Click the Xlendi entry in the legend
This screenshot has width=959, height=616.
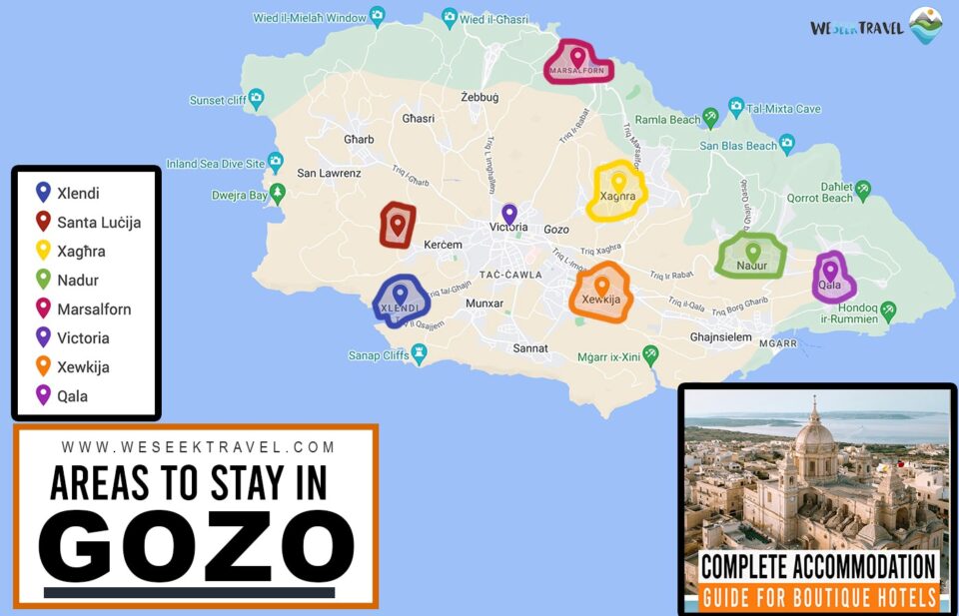[x=78, y=194]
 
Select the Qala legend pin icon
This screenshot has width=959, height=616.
[x=43, y=395]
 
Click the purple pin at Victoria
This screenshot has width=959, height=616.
[x=509, y=214]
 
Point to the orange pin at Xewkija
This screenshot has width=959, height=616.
[x=601, y=286]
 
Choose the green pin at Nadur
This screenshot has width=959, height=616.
[x=753, y=252]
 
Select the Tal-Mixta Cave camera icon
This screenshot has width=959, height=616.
[x=736, y=106]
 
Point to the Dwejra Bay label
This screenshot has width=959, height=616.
[x=240, y=196]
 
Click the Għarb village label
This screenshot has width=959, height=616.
[x=358, y=139]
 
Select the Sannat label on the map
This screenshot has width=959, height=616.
[x=530, y=348]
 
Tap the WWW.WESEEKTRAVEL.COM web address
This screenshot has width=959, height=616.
[x=198, y=447]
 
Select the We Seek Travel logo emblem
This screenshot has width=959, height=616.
[x=925, y=26]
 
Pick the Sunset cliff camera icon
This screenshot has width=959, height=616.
[x=257, y=98]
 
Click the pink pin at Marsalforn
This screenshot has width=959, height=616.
[x=577, y=57]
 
